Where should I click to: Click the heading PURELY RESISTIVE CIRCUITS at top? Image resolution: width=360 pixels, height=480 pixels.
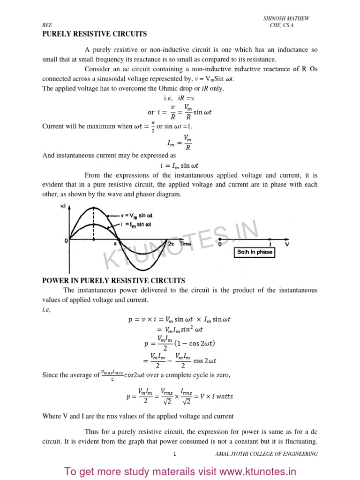tap(95, 34)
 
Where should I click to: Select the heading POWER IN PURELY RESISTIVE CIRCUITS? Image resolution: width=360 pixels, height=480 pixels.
tap(113, 281)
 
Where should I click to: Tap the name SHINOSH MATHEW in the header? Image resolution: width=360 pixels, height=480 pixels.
tap(286, 18)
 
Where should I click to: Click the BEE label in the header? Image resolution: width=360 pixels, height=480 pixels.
tap(46, 26)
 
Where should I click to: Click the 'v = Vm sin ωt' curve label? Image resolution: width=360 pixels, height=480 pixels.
tap(136, 216)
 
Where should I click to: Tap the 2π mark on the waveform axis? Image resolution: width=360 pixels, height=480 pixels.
tap(171, 244)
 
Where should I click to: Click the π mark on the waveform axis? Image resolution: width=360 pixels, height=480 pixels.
tap(115, 244)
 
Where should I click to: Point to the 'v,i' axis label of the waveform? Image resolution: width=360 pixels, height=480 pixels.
tap(63, 207)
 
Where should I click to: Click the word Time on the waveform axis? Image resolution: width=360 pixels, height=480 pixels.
tap(186, 244)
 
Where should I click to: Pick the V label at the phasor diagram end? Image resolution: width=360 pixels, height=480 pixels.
tap(287, 244)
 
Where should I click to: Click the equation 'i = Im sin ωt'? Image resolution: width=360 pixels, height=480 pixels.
tap(180, 165)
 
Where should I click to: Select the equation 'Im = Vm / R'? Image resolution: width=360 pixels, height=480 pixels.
tap(180, 142)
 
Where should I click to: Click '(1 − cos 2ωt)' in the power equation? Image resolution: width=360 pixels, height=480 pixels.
tap(195, 343)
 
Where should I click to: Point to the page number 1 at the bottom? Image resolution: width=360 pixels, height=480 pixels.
tap(174, 454)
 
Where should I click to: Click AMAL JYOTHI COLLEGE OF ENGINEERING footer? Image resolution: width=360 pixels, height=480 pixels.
tap(266, 454)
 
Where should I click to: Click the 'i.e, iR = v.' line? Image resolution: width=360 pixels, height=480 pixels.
tap(180, 98)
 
